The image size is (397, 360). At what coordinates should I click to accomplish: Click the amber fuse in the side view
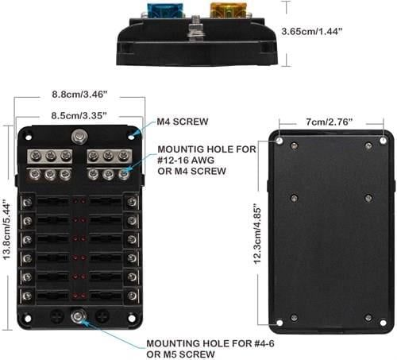227,10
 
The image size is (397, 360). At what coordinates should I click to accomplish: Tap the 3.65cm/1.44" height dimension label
312,32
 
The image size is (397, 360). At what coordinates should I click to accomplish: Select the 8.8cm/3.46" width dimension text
79,95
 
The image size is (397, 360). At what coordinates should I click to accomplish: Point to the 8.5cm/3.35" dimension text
79,115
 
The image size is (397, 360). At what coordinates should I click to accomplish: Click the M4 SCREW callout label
183,122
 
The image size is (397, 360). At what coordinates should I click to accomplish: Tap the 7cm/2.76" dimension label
330,122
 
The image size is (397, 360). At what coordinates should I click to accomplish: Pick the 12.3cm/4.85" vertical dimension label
257,234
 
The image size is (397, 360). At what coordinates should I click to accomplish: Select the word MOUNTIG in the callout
180,149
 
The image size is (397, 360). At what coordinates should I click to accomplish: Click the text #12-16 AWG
186,161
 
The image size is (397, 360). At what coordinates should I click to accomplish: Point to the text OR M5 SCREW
180,354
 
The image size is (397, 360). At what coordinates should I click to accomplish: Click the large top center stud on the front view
79,137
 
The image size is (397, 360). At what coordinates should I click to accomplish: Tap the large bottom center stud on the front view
78,316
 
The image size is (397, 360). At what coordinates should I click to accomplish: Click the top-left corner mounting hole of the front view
28,137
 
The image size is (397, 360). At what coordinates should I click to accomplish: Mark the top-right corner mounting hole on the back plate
383,141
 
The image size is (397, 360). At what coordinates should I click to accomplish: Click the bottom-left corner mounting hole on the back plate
279,323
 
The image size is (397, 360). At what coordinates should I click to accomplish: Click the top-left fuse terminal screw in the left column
27,203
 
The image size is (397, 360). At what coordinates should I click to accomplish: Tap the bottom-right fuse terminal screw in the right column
132,296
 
